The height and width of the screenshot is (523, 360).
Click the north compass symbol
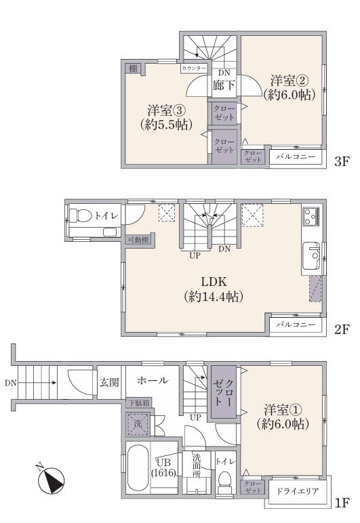click(x=50, y=480)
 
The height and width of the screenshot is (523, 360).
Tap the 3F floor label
click(x=342, y=162)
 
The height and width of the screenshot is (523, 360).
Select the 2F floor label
click(x=342, y=329)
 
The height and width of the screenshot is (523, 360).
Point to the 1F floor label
click(x=342, y=502)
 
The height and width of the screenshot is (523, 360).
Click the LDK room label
click(x=214, y=282)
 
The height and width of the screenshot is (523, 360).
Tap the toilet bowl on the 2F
click(x=80, y=215)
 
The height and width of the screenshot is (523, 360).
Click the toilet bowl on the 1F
click(x=224, y=481)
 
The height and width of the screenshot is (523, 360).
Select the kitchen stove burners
click(x=312, y=216)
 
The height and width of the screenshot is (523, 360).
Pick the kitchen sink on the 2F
click(x=311, y=255)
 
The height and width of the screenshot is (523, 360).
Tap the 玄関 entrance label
click(x=109, y=382)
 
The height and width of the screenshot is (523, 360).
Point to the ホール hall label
click(x=153, y=380)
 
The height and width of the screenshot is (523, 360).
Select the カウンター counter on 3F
click(x=194, y=68)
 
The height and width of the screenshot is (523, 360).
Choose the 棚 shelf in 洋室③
click(x=133, y=69)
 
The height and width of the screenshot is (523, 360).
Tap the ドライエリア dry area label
click(x=297, y=491)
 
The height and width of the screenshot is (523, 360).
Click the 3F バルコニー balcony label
click(x=296, y=156)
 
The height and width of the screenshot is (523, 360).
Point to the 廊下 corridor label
click(x=224, y=85)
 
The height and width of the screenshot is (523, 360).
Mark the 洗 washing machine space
click(x=138, y=424)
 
